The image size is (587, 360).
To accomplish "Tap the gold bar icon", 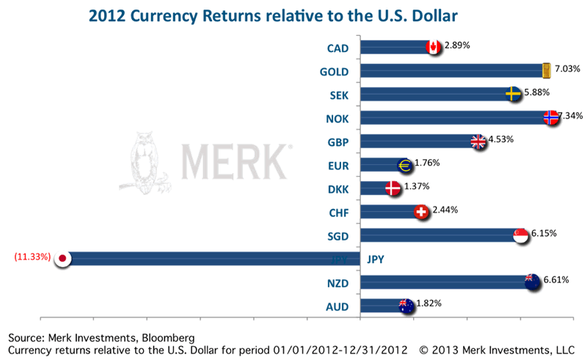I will [x=545, y=70].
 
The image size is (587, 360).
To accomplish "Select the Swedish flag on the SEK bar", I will [x=514, y=94].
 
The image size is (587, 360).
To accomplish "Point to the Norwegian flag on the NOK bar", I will [x=553, y=117].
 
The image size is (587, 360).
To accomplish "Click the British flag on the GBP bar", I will [x=478, y=142].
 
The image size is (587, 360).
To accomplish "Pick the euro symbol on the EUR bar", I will [x=405, y=165].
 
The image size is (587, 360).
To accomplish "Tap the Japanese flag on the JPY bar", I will [x=63, y=258].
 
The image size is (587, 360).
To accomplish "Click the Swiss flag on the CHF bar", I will [x=421, y=212].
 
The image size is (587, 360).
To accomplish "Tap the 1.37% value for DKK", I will [x=416, y=186].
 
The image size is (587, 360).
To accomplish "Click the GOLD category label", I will [x=333, y=72].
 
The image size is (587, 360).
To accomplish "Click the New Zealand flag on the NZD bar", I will [x=533, y=282].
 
